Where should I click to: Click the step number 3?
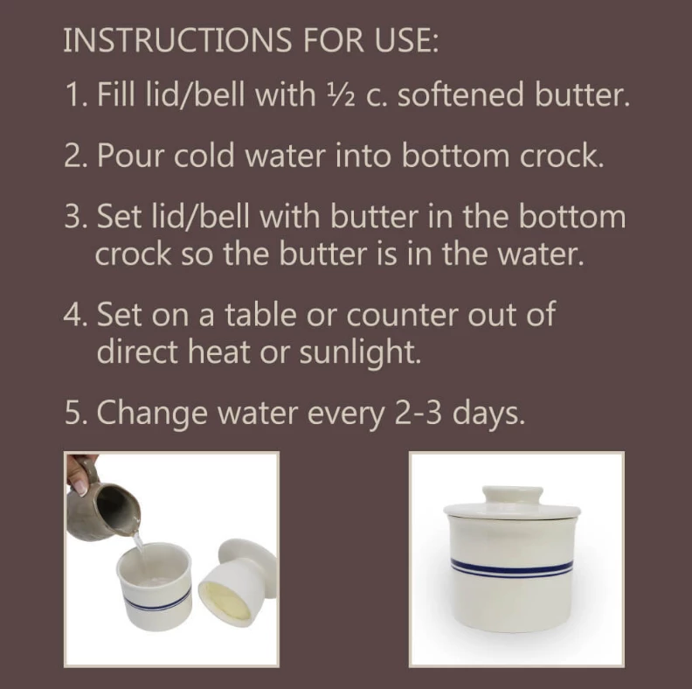click(x=73, y=216)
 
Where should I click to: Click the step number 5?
click(x=73, y=413)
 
